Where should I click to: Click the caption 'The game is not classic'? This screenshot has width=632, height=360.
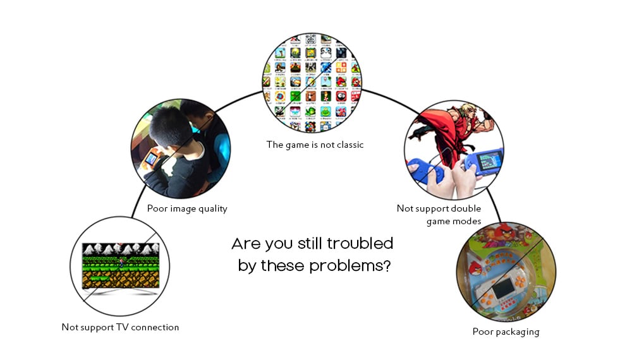315,145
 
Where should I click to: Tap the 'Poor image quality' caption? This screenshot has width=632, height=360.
187,208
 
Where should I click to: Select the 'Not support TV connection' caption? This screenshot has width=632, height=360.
120,327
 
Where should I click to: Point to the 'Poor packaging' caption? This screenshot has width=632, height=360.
506,332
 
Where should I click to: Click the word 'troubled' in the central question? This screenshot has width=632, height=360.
360,244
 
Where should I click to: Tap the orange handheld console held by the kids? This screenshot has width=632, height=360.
151,160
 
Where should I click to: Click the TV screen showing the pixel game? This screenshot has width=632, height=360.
121,265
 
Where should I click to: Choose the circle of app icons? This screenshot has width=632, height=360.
312,83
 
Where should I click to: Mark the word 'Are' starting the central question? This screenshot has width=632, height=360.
246,244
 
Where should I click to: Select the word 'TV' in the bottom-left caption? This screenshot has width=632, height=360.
122,327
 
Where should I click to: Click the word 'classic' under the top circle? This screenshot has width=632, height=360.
350,145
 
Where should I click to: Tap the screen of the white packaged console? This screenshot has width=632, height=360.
503,289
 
